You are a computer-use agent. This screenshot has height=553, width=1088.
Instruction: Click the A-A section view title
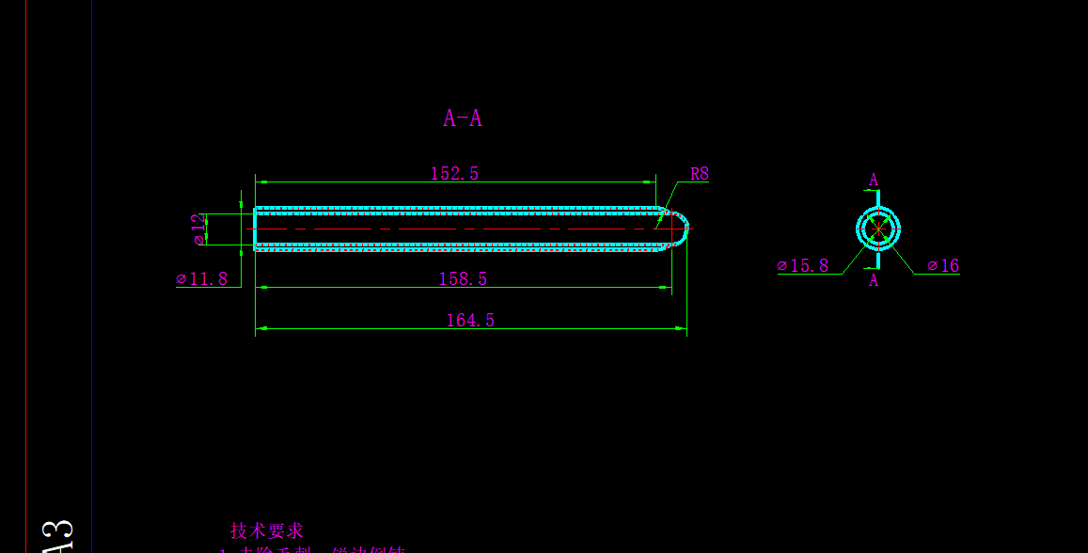463,118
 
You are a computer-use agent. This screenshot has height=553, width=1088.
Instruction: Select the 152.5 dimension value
454,174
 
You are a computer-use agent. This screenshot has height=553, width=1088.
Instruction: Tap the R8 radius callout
699,174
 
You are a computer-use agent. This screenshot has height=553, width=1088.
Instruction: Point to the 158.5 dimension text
463,279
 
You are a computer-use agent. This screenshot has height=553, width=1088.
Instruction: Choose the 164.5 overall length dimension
470,321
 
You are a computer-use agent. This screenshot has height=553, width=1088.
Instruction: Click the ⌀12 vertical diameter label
198,229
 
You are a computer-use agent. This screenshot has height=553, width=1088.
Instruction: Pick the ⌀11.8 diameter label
202,279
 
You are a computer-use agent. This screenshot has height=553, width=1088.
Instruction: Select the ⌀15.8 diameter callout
803,266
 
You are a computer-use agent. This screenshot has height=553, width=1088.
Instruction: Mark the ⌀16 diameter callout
943,266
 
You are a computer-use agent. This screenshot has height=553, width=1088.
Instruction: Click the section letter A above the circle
874,180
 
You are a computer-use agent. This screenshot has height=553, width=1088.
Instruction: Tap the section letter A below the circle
874,280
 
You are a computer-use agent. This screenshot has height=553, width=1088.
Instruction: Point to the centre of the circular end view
878,229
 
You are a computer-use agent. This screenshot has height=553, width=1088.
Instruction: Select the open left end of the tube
256,229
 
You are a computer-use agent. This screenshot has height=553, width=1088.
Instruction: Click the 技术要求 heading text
267,531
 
